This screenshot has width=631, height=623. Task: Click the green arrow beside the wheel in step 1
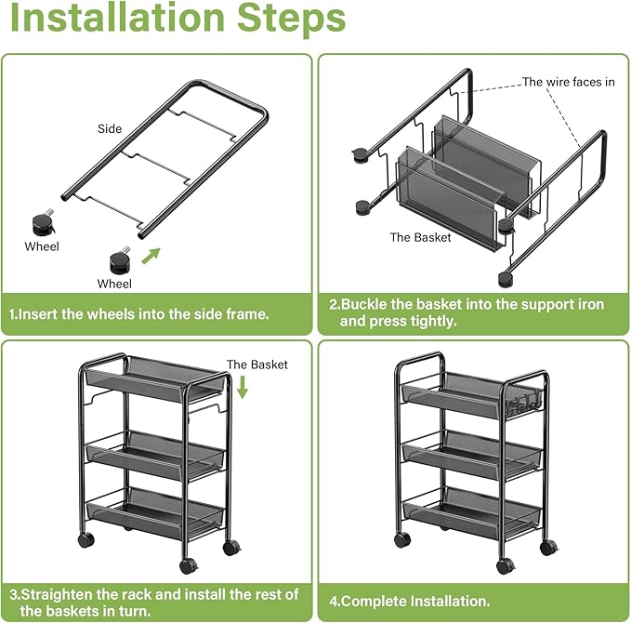pos(151,255)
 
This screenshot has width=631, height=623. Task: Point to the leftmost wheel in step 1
pos(41,224)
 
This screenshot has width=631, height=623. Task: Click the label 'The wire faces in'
pos(568,82)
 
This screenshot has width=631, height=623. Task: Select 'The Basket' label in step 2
pos(420,237)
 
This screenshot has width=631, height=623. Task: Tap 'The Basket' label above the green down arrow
pos(257,365)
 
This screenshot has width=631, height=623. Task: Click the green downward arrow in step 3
pos(243,387)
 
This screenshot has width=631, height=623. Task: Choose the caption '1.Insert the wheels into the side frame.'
pos(139,314)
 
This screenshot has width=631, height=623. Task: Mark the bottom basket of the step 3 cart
pos(152,508)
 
